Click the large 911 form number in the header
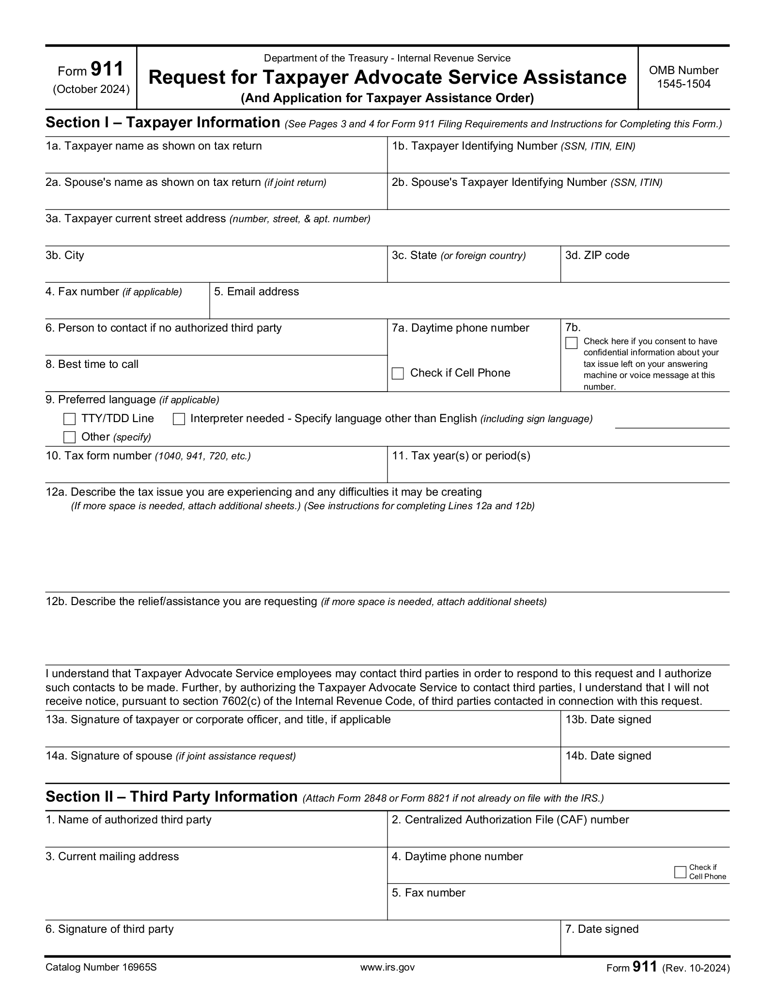[107, 69]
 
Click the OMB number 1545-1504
[683, 84]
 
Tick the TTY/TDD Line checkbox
[70, 419]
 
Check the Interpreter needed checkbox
[179, 419]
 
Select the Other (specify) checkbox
[70, 437]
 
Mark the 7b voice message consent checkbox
[572, 343]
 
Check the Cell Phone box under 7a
[398, 373]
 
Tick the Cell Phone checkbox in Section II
[680, 872]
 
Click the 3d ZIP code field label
[597, 255]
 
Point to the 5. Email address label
[256, 291]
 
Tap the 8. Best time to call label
[92, 364]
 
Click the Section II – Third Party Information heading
[171, 796]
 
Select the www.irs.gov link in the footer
[387, 967]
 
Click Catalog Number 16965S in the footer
[101, 967]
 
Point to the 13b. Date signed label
[608, 719]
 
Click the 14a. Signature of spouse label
[170, 756]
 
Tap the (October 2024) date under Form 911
[92, 90]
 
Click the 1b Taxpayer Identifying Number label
[513, 146]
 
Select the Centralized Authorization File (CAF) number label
[510, 820]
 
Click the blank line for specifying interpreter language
[672, 424]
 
